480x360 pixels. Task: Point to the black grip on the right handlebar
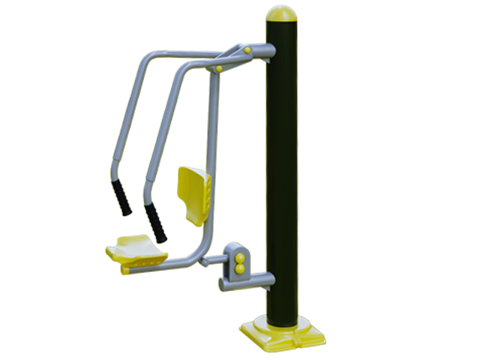click(x=156, y=222)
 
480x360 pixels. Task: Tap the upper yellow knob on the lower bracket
click(x=241, y=257)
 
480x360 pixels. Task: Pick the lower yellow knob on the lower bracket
click(x=241, y=268)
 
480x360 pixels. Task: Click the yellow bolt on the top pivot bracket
click(x=247, y=51)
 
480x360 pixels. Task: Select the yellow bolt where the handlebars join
click(x=219, y=69)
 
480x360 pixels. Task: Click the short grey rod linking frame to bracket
click(x=214, y=259)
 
